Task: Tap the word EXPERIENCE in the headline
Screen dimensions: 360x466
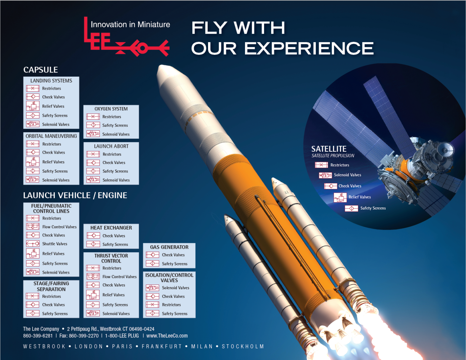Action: [x=309, y=49]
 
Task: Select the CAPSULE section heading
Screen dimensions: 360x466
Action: [x=40, y=70]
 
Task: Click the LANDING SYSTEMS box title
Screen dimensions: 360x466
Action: [x=51, y=81]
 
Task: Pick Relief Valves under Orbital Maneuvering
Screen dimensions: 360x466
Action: [x=53, y=162]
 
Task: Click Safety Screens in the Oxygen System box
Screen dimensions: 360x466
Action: [x=115, y=125]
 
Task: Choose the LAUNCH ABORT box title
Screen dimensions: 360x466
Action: [x=111, y=146]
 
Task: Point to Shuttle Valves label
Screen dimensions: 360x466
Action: [x=55, y=244]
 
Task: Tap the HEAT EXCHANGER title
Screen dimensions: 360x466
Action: [x=111, y=228]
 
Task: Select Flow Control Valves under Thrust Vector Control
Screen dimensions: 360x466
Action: [x=119, y=277]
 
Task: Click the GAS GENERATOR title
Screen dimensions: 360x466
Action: [x=169, y=247]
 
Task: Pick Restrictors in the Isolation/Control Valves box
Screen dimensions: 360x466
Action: [x=171, y=305]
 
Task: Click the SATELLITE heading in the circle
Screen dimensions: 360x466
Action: [x=329, y=149]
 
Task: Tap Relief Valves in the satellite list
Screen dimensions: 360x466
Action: [x=360, y=197]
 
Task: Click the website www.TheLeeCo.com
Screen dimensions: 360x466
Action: [x=167, y=336]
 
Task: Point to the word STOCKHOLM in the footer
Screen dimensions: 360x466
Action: [x=243, y=346]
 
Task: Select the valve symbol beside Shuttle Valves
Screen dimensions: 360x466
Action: [x=33, y=244]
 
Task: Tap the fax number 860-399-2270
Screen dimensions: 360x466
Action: [x=83, y=336]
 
